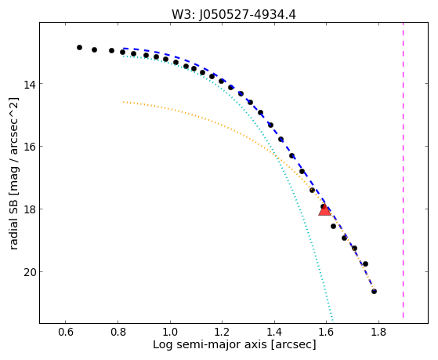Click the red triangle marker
pos(324,210)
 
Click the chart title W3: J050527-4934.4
pos(233,15)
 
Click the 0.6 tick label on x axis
pos(65,332)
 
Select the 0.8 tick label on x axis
pos(118,332)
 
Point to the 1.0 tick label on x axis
pos(170,332)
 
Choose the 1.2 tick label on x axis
pos(222,332)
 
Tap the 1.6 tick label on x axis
pos(327,332)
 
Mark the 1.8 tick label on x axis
pos(378,332)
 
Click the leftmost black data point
pos(80,48)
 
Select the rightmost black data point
pos(374,292)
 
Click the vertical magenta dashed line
pos(403,170)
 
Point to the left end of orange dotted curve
pos(123,102)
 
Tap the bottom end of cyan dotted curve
pos(333,321)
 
